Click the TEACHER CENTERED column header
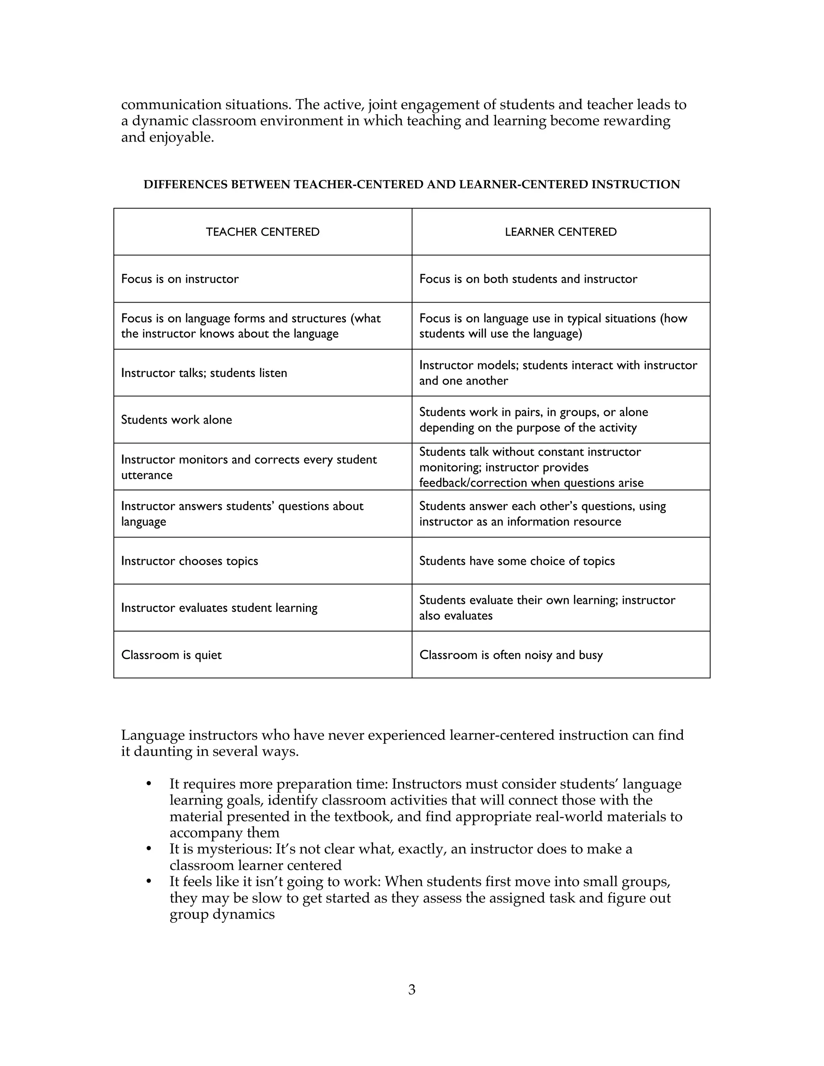click(x=263, y=232)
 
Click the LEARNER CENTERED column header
click(x=560, y=232)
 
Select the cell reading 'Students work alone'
click(x=176, y=420)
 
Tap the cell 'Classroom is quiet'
click(x=171, y=654)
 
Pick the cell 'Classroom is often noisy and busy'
click(x=511, y=654)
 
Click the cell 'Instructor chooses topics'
click(x=190, y=561)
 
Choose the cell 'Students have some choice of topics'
click(x=517, y=561)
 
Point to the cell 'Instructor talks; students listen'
click(x=204, y=373)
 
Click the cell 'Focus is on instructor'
click(x=179, y=279)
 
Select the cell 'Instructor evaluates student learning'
click(x=219, y=608)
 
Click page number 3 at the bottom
click(x=412, y=990)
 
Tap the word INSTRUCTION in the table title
click(x=636, y=185)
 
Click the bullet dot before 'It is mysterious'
click(x=149, y=849)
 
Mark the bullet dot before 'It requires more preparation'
click(x=149, y=784)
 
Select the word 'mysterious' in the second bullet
click(x=234, y=849)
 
